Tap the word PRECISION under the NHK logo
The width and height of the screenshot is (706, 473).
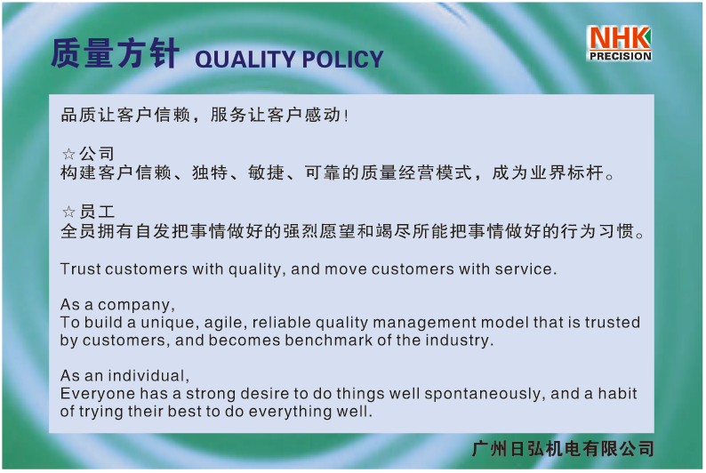coord(621,56)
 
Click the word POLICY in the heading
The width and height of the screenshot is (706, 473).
coord(342,60)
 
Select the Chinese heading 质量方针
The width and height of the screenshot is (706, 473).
coord(115,53)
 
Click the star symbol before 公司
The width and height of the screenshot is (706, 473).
coord(68,155)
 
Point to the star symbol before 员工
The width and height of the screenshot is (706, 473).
coord(68,212)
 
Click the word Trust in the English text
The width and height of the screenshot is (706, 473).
coord(81,269)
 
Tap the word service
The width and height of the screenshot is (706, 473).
coord(525,269)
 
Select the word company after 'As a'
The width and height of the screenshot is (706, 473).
coord(135,305)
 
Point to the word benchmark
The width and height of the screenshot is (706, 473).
coord(329,341)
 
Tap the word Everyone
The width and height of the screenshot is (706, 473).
coord(98,394)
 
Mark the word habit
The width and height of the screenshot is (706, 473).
coord(617,393)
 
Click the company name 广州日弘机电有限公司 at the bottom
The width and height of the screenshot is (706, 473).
coord(563,449)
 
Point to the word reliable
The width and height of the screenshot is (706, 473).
coord(281,323)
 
